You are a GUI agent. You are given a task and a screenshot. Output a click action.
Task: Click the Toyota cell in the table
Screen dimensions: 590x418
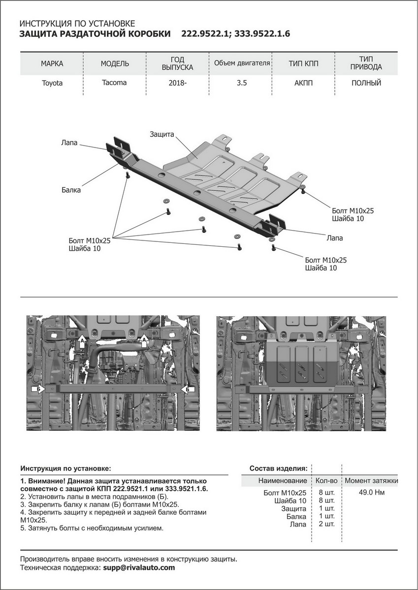[x=52, y=83]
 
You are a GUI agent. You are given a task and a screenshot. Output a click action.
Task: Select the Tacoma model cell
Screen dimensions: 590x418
[x=114, y=83]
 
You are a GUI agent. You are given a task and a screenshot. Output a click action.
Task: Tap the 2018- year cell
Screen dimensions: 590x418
[x=178, y=83]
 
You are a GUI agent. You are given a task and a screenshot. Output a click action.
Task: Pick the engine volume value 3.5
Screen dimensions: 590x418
[x=241, y=83]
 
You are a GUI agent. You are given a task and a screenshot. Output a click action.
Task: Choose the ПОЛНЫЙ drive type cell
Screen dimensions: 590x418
[x=366, y=83]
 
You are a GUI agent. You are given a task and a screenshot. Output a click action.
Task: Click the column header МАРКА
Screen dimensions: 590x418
[x=52, y=64]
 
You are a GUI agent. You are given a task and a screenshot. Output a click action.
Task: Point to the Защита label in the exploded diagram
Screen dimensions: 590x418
[x=163, y=134]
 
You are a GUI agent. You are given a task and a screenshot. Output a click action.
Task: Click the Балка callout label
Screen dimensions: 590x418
[x=71, y=190]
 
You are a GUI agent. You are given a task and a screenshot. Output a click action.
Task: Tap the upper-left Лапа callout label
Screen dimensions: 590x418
[x=69, y=143]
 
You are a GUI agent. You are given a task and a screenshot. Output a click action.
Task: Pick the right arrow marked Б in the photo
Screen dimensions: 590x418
[x=187, y=389]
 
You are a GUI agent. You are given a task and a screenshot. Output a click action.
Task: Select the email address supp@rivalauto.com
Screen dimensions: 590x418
[x=139, y=567]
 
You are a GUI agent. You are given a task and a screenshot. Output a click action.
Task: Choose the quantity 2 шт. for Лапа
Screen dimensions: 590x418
[x=327, y=525]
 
